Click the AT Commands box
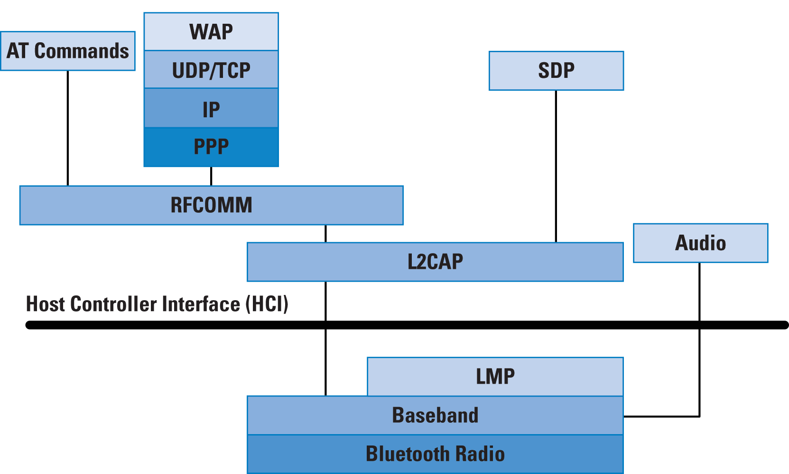pos(68,51)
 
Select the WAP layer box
pos(211,32)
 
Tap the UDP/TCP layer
pos(211,69)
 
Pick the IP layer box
pos(211,108)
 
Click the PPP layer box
pos(211,147)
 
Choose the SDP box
pos(556,71)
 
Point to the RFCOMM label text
pos(211,205)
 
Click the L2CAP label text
pos(435,262)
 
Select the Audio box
pos(701,243)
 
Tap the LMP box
pos(495,377)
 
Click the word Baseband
pos(435,415)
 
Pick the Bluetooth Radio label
pos(435,454)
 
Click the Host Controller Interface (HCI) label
pos(157,304)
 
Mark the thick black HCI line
pos(407,325)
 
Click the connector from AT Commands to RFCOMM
pos(68,128)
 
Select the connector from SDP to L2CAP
pos(556,166)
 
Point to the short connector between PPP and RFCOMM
pos(211,176)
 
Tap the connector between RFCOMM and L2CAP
pos(325,234)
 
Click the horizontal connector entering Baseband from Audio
pos(661,417)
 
